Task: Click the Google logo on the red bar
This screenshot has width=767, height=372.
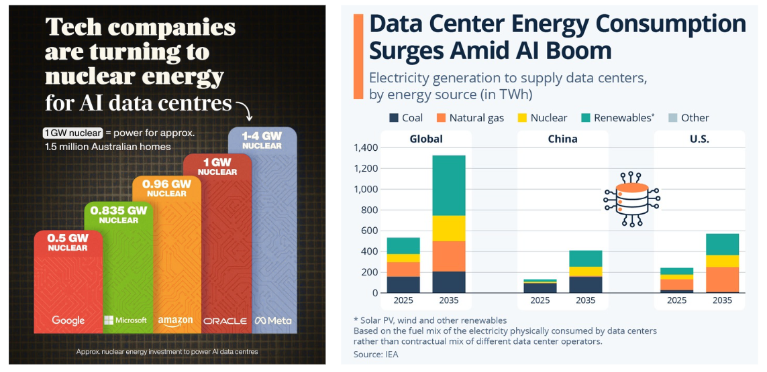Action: click(x=68, y=320)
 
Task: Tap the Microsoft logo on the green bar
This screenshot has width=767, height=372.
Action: click(x=125, y=320)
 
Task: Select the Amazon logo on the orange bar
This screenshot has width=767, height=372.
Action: click(x=175, y=321)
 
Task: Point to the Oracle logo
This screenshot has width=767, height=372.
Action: click(x=225, y=321)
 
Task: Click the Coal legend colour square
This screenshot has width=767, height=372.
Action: click(x=395, y=118)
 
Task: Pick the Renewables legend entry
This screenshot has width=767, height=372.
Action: click(x=619, y=118)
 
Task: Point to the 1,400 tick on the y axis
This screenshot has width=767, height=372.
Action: click(x=366, y=147)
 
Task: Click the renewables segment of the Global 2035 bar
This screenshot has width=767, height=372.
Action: click(x=450, y=186)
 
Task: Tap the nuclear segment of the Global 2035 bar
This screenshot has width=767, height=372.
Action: click(x=450, y=229)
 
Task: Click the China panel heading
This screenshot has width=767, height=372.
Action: click(x=562, y=139)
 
